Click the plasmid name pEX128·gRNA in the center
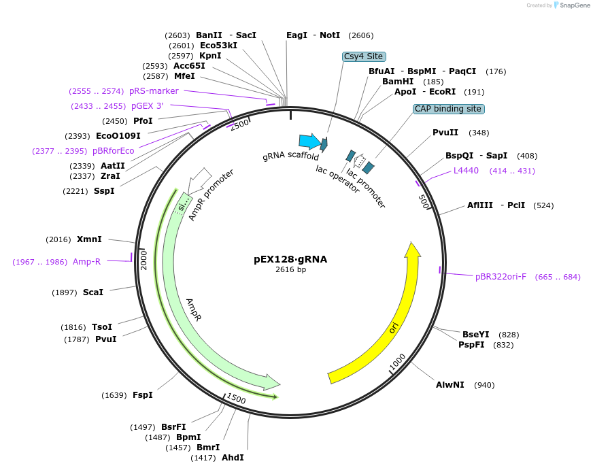[290, 259]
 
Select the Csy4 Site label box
[364, 56]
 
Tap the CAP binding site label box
[449, 109]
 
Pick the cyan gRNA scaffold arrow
[309, 141]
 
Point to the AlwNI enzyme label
[450, 385]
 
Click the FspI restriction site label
[142, 395]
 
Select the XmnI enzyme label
[89, 239]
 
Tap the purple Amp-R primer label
[86, 262]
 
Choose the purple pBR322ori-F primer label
[501, 277]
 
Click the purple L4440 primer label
[466, 171]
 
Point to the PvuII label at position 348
[445, 133]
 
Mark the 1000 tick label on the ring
[397, 363]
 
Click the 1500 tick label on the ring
[236, 399]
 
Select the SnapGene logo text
[572, 5]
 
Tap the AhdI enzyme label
[233, 458]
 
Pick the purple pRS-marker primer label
[154, 91]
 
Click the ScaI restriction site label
[93, 292]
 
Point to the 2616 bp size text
[290, 270]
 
